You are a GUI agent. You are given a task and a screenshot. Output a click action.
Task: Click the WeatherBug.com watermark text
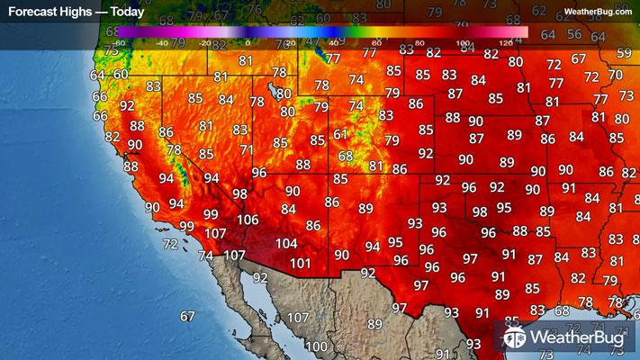[598, 12]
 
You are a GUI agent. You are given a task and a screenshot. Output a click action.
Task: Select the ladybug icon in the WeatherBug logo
[515, 338]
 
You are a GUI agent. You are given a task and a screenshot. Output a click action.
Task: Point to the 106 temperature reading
[247, 220]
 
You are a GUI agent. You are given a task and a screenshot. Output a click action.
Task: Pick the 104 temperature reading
[286, 243]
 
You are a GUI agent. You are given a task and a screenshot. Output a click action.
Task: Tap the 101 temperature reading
[301, 264]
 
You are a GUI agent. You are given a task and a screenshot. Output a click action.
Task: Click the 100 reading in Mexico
[316, 346]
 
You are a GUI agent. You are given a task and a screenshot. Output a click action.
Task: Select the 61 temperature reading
[340, 134]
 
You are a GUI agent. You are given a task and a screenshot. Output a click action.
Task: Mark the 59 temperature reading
[625, 53]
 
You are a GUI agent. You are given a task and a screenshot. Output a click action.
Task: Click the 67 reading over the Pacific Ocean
[187, 316]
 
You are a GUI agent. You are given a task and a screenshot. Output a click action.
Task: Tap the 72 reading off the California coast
[169, 244]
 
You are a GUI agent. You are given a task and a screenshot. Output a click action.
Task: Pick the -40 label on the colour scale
[162, 42]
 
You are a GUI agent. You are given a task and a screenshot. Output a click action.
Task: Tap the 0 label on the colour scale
[248, 42]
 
